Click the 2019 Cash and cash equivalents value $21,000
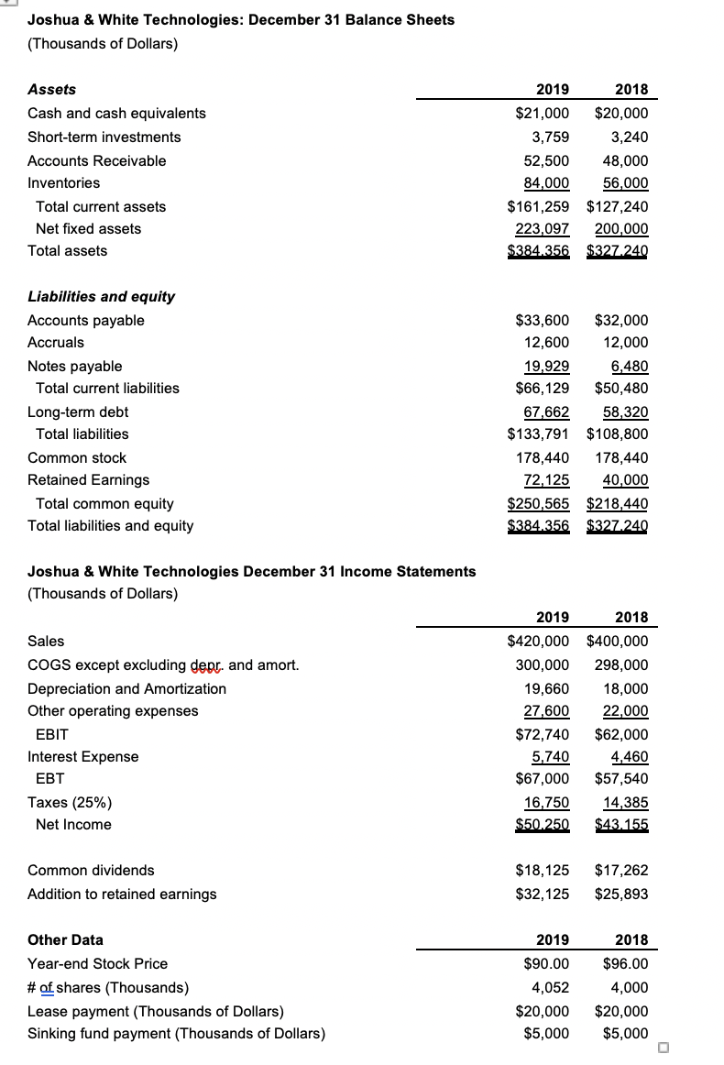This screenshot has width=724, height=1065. coord(538,114)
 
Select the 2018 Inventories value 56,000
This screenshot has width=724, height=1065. coord(622,183)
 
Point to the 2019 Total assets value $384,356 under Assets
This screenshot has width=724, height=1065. coord(538,251)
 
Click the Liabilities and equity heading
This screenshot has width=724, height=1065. coord(101,297)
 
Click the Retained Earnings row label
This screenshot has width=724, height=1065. coord(88,480)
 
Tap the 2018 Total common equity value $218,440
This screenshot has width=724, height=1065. coord(617,504)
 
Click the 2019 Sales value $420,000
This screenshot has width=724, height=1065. coord(538,642)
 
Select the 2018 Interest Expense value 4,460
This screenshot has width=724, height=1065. coord(628,757)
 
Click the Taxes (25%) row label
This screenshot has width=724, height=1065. coord(70,803)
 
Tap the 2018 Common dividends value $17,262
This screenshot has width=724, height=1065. coord(620,871)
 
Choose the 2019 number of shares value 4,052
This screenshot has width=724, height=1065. coord(550,988)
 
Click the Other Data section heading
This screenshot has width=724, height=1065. coord(65,940)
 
